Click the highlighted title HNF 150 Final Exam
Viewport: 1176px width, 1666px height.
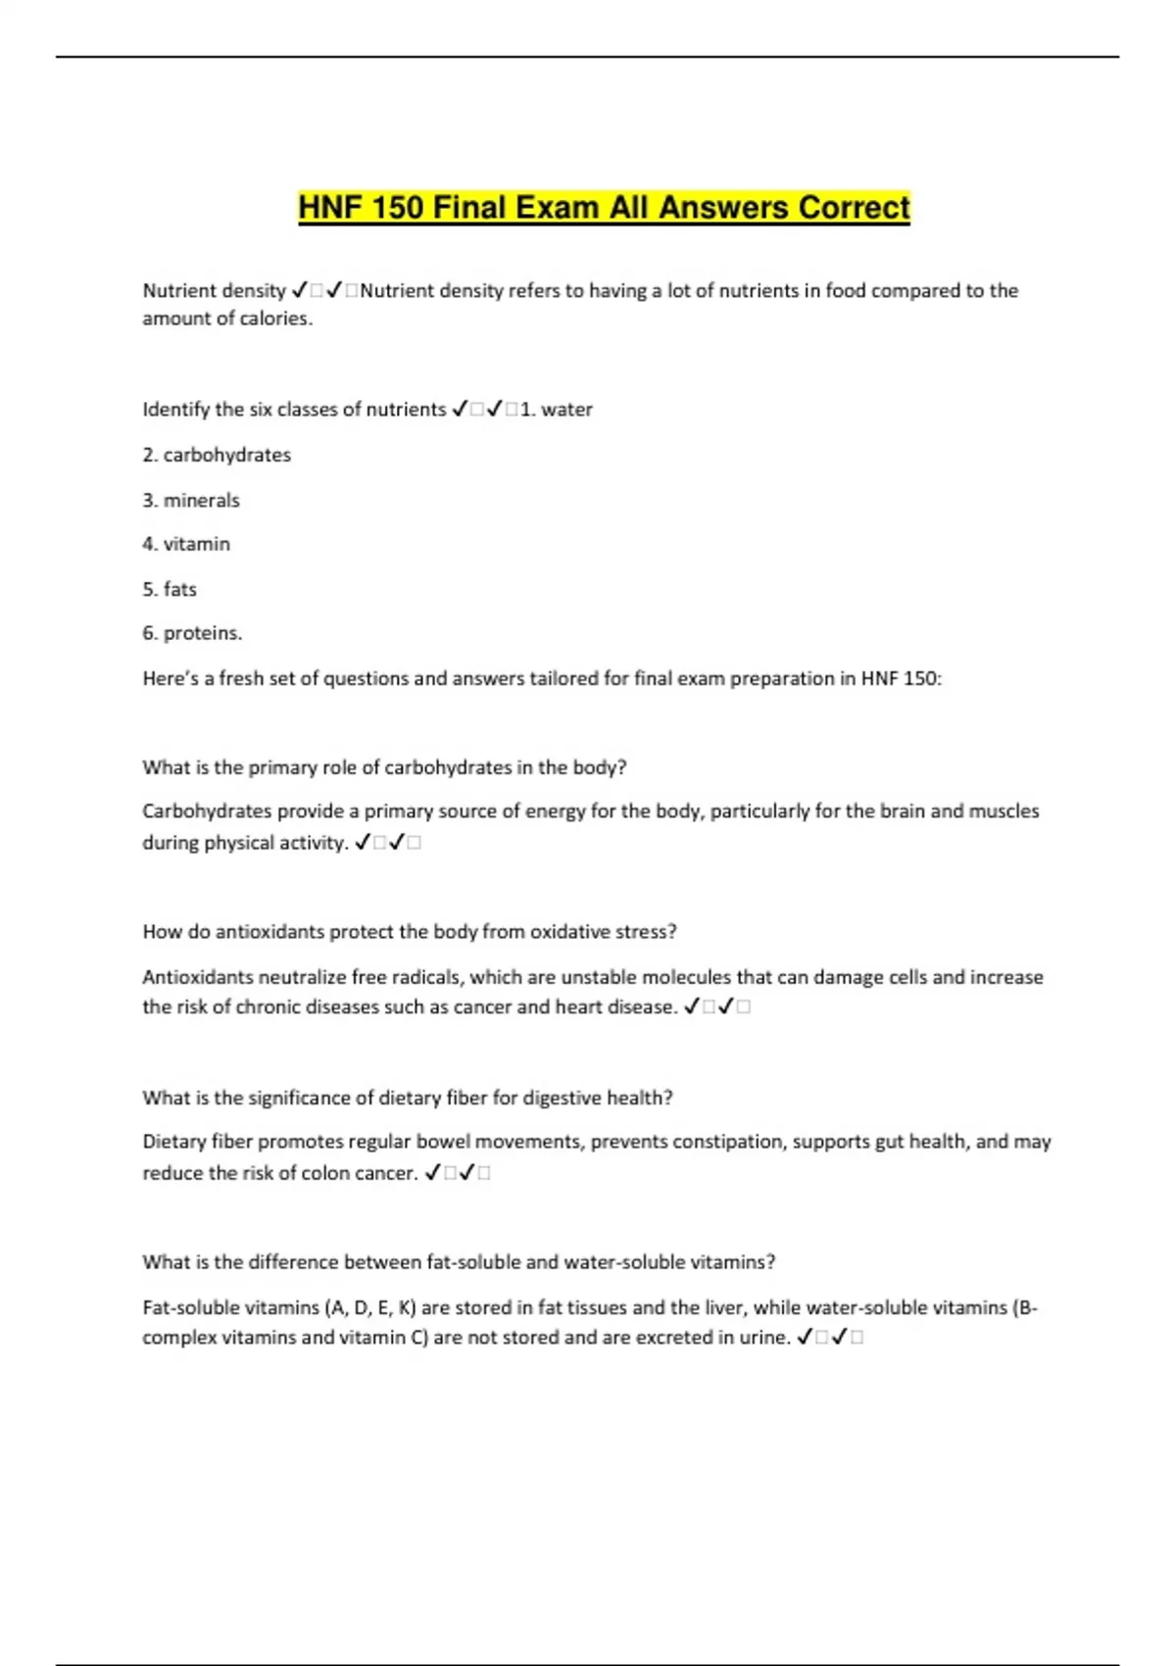coord(604,208)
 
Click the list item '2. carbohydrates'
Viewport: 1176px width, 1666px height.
coord(217,455)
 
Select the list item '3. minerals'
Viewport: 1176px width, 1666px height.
coord(191,500)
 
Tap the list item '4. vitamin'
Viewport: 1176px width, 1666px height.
coord(186,544)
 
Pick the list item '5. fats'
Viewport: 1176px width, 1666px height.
coord(170,589)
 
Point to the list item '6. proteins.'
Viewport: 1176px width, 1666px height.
coord(192,633)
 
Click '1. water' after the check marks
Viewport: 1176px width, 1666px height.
coord(556,410)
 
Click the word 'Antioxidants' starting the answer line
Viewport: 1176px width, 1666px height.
coord(192,977)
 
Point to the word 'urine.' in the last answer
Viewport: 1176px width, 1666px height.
coord(763,1338)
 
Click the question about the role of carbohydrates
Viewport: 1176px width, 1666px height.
coord(384,767)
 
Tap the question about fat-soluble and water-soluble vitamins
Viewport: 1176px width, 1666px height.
coord(459,1262)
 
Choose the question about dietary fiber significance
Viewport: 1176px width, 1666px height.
coord(408,1098)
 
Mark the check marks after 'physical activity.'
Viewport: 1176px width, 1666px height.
coord(388,843)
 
